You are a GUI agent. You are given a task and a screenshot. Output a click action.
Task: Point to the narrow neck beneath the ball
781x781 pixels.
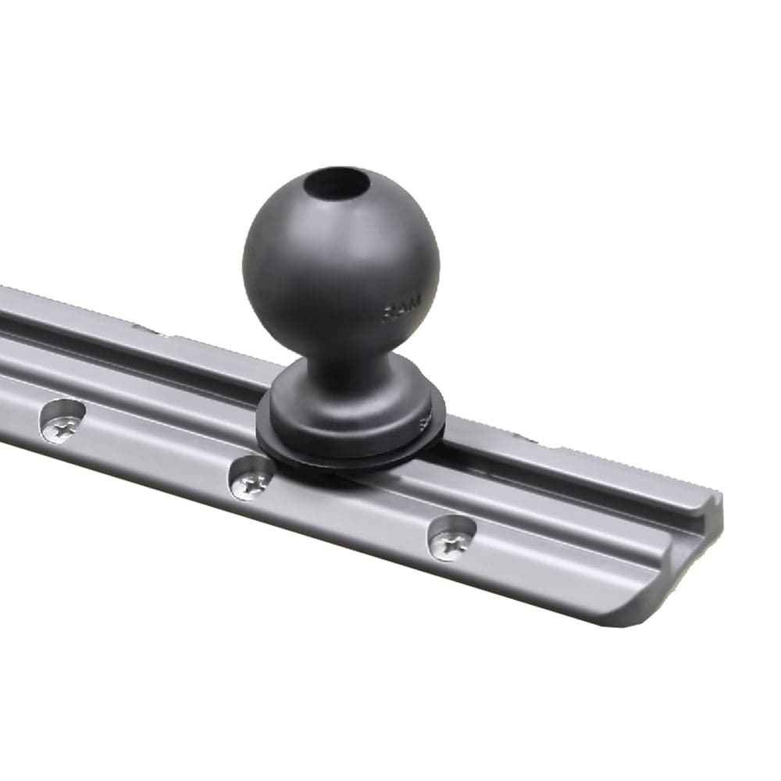[x=344, y=367]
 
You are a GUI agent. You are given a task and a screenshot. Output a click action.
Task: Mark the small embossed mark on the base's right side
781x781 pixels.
[x=426, y=423]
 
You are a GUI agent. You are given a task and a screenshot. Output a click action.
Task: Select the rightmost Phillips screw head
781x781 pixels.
[x=451, y=541]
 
